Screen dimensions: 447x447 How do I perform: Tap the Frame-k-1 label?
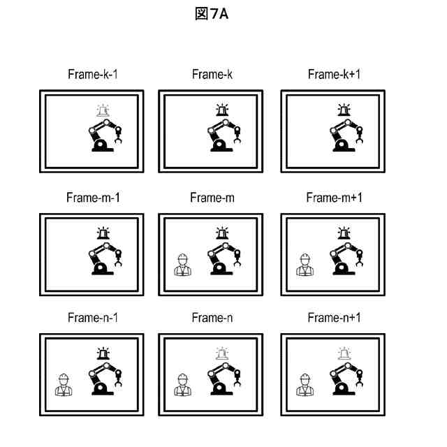[92, 75]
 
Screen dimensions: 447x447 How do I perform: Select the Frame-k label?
[212, 75]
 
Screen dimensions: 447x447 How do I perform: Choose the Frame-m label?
[212, 198]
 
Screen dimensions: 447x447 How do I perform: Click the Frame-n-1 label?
[92, 318]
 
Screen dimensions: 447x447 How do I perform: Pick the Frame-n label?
[212, 318]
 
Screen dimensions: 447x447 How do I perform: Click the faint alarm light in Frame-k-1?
[103, 110]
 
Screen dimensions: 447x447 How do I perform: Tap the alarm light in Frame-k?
[223, 110]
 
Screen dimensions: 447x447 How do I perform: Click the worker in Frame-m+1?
[305, 265]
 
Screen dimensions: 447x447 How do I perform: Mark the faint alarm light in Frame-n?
[223, 353]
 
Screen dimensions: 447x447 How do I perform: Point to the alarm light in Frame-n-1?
[103, 353]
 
